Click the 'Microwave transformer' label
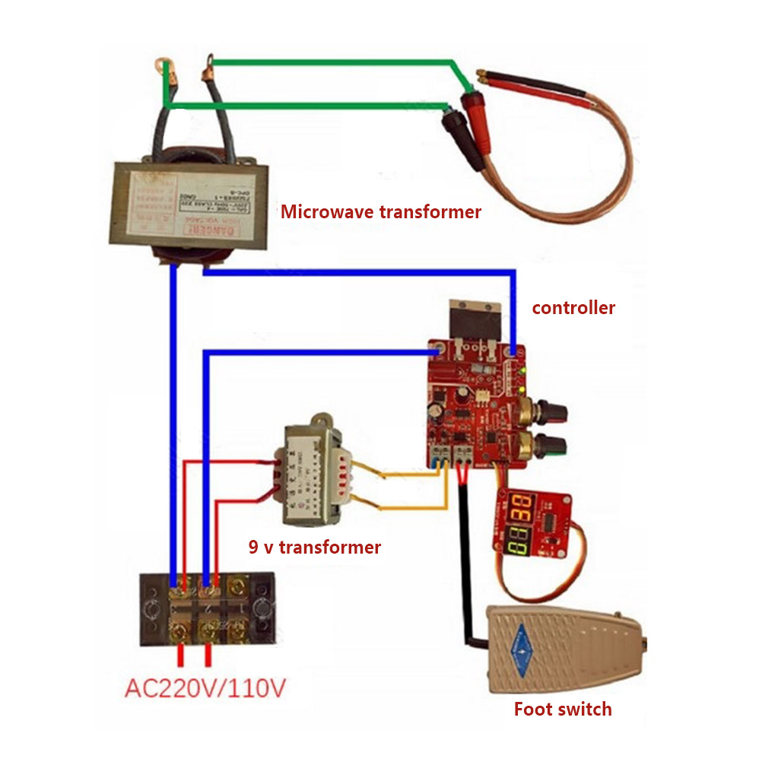(x=381, y=211)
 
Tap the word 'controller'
(x=573, y=307)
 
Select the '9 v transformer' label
(x=315, y=547)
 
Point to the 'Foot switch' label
(x=563, y=709)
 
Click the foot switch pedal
(x=563, y=646)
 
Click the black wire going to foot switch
(x=466, y=563)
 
